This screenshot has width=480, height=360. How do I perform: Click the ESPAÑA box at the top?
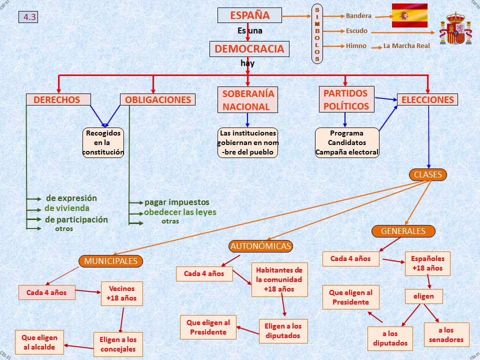249,15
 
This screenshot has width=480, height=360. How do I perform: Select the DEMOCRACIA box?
249,49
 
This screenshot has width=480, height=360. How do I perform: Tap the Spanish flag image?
409,15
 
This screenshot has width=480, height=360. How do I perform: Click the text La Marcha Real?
406,46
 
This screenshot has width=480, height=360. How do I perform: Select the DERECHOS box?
58,99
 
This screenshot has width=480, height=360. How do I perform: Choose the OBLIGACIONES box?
157,99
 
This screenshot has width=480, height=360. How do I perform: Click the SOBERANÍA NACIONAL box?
248,100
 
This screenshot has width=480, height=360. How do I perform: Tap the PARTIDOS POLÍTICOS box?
346,99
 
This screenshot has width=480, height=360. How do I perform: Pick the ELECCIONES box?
427,99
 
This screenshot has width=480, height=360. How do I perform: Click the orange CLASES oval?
428,174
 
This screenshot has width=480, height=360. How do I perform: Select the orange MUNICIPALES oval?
110,261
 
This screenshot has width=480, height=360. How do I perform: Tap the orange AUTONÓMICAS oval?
260,246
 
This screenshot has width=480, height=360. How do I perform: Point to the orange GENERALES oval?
403,231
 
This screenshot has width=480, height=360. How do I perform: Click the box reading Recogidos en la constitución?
103,143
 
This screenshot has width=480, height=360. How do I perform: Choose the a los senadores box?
446,334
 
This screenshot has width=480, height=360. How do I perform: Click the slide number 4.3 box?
28,17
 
